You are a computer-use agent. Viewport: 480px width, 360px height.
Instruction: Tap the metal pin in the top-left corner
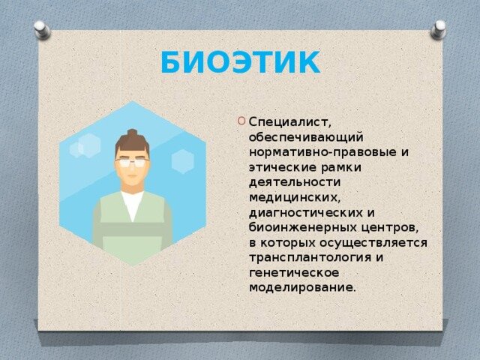point(43,29)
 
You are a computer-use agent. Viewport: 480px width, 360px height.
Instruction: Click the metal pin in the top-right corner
point(438,29)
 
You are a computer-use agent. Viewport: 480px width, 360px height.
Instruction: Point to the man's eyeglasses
point(132,162)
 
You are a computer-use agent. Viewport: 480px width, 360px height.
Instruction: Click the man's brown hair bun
point(132,133)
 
